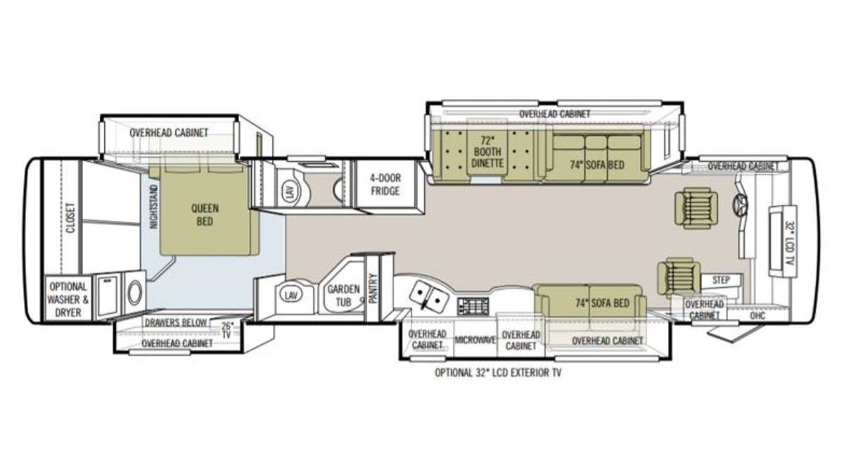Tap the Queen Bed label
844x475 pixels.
(205, 215)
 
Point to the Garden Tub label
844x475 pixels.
(343, 296)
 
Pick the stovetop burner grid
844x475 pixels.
(473, 305)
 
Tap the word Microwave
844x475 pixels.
(475, 340)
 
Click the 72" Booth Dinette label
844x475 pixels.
(487, 152)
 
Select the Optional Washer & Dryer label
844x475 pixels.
(68, 299)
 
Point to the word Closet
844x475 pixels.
(71, 218)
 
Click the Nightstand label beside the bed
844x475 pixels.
(153, 207)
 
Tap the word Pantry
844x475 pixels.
(373, 289)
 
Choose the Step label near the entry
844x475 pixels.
(721, 280)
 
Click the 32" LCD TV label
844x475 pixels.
(789, 243)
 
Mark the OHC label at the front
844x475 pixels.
(757, 315)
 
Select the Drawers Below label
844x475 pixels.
(176, 323)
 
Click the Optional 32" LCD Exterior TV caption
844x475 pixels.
(498, 373)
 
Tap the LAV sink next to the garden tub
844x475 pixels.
(290, 296)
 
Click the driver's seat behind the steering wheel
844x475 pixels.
(696, 208)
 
